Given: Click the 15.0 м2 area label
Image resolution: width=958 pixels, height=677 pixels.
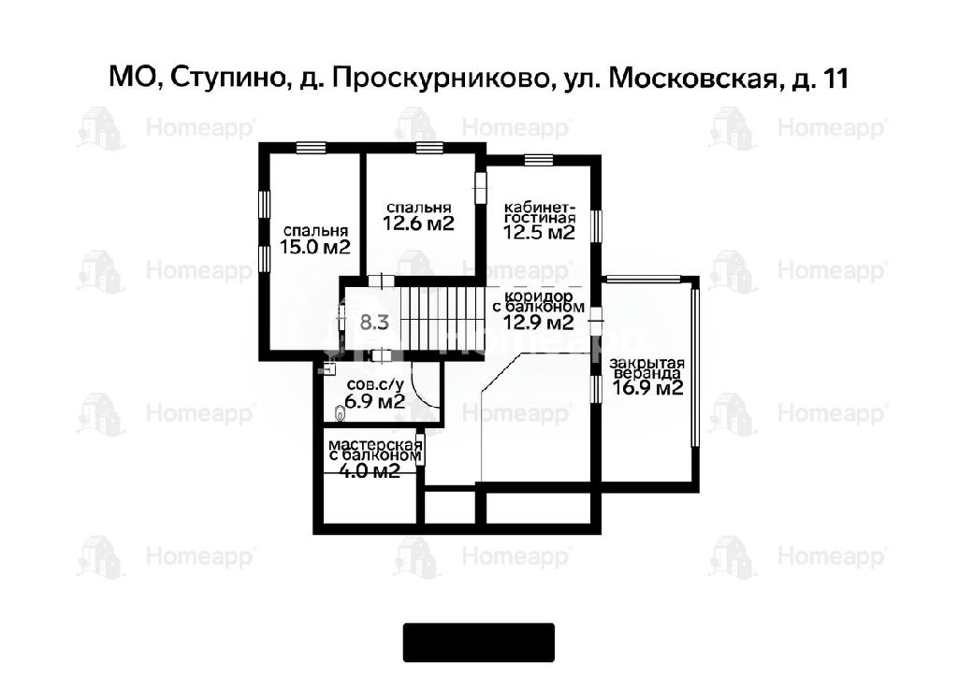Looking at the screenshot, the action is tap(315, 247).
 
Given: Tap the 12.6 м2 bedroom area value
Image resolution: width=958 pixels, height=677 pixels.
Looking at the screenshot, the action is tap(419, 223).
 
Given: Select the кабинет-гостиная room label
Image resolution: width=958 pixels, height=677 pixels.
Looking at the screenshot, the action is tap(540, 211).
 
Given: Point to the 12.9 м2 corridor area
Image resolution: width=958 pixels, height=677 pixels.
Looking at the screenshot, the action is tap(538, 322).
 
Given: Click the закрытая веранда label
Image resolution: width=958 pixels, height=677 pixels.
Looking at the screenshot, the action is tap(647, 368).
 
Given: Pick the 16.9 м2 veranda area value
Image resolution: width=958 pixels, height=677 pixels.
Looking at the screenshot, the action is tap(647, 388).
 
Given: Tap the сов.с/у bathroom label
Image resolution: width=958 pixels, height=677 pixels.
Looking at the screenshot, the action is tap(375, 385).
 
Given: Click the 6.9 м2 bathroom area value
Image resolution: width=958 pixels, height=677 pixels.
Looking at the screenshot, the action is tap(375, 402).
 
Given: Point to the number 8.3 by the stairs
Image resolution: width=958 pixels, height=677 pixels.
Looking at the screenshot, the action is tap(374, 322).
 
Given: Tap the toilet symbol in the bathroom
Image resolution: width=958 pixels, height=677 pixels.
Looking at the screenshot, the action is tap(341, 413).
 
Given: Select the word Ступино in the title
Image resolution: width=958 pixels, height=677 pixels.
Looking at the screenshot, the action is tap(228, 79).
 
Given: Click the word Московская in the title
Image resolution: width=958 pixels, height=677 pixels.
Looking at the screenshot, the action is tap(695, 79).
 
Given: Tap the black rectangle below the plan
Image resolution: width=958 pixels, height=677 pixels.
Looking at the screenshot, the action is tap(478, 642).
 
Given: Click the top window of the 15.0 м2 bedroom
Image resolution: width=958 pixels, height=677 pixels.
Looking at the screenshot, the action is tap(311, 147).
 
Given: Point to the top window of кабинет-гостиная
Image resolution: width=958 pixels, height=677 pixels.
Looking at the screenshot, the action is tap(539, 159).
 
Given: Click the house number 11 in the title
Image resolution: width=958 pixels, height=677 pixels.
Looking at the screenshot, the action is tap(835, 79).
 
